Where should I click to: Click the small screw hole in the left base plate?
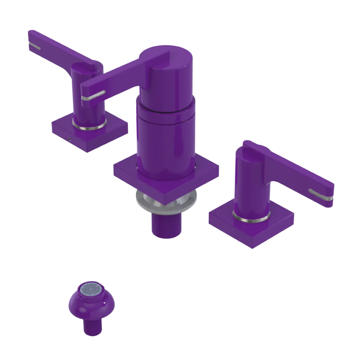(x=68, y=138)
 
